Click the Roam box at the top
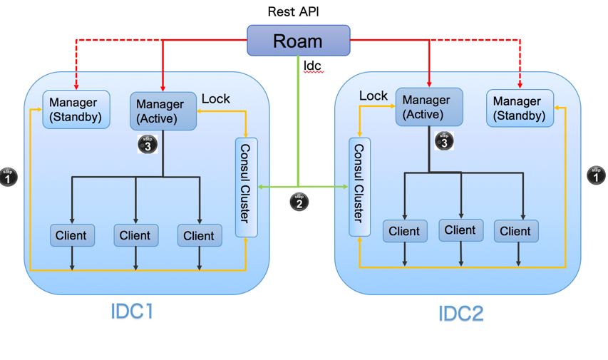pyautogui.click(x=298, y=41)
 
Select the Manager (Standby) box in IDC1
pyautogui.click(x=76, y=110)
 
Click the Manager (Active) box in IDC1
pyautogui.click(x=163, y=111)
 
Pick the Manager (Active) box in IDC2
pyautogui.click(x=429, y=107)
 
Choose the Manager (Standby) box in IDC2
pyautogui.click(x=520, y=108)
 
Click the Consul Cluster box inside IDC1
pyautogui.click(x=246, y=187)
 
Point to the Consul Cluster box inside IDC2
pyautogui.click(x=359, y=187)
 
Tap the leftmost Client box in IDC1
pyautogui.click(x=72, y=235)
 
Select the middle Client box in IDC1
pyautogui.click(x=136, y=235)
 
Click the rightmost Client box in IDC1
pyautogui.click(x=200, y=236)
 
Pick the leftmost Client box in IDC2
pyautogui.click(x=405, y=231)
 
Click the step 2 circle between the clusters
pyautogui.click(x=299, y=202)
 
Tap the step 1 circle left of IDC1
pyautogui.click(x=8, y=177)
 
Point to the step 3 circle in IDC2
pyautogui.click(x=444, y=141)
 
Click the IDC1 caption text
pyautogui.click(x=132, y=311)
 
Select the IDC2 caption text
pyautogui.click(x=460, y=313)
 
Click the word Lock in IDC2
pyautogui.click(x=373, y=96)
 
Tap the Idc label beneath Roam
pyautogui.click(x=312, y=66)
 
